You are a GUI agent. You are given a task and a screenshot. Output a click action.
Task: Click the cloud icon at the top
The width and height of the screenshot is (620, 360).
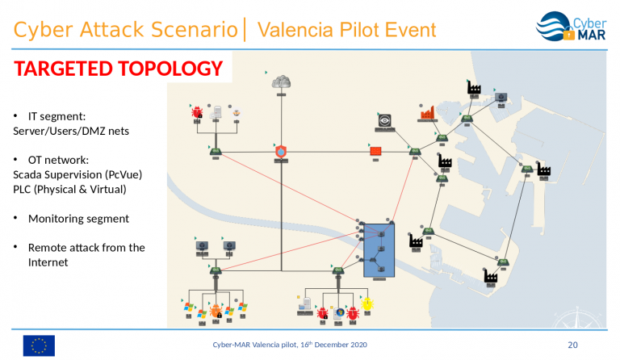click(x=281, y=81)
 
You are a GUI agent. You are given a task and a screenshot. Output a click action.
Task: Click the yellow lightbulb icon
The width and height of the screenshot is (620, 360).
click(x=368, y=304)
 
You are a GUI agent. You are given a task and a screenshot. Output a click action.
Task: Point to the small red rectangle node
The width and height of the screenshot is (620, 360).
click(x=375, y=151)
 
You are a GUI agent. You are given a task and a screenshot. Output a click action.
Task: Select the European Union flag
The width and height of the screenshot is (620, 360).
click(x=39, y=345)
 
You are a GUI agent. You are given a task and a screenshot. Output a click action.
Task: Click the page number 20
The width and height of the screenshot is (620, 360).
click(x=573, y=345)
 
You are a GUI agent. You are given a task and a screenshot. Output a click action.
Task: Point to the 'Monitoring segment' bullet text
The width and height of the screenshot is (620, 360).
click(x=78, y=218)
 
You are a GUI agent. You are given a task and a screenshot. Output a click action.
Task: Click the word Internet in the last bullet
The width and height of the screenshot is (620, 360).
click(x=48, y=262)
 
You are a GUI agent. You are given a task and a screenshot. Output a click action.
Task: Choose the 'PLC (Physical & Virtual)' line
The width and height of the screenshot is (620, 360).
click(x=70, y=189)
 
